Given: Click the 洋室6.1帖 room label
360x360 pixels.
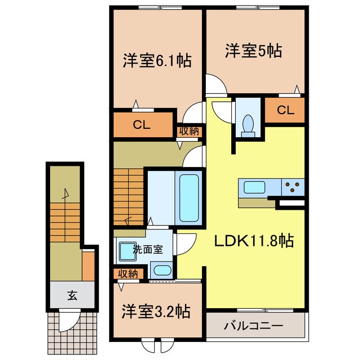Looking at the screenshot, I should [x=157, y=61].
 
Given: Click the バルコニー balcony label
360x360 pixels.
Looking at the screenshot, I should [x=254, y=325].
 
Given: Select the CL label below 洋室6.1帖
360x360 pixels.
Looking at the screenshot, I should [x=141, y=125].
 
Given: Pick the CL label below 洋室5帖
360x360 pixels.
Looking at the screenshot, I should [x=285, y=111].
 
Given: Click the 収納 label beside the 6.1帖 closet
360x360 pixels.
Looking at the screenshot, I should [x=189, y=131].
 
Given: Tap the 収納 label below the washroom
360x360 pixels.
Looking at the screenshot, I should [x=128, y=273].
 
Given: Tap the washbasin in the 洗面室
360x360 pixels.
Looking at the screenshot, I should [x=125, y=249].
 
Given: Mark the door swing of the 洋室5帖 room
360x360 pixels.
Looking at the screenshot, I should [x=217, y=85].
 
